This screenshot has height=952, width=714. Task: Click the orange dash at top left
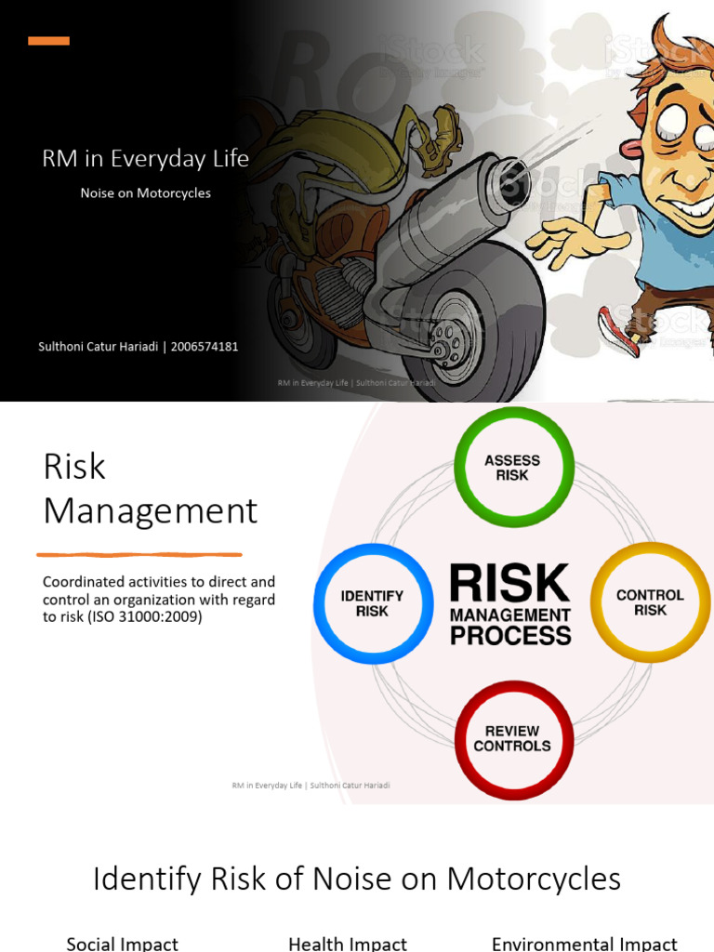[48, 41]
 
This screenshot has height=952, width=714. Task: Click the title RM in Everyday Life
[145, 159]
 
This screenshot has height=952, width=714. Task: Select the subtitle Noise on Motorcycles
[145, 193]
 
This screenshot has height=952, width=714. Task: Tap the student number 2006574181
[205, 347]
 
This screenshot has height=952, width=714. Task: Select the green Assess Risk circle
[512, 468]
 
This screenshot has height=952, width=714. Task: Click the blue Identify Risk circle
[372, 603]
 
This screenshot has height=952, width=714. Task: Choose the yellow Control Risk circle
[650, 602]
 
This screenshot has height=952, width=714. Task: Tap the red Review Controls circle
[512, 739]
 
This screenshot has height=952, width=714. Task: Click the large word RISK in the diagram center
[509, 584]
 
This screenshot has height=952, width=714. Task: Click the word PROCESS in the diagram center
[510, 636]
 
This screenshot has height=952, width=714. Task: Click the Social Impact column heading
[122, 944]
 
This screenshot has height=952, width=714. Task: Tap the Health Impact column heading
[348, 944]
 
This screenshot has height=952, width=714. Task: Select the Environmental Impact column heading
[584, 944]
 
